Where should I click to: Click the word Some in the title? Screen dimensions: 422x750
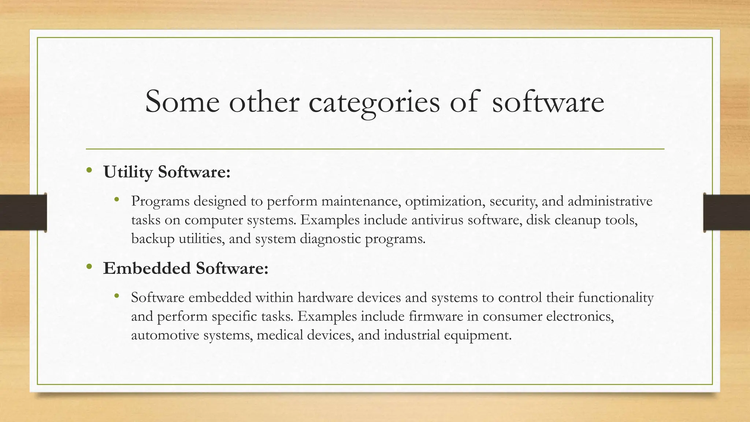point(182,102)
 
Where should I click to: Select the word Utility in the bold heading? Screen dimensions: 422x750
point(128,172)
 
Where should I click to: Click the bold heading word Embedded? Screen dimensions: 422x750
point(147,268)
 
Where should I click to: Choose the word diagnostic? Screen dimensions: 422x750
point(330,239)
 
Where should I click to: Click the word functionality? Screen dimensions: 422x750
point(616,297)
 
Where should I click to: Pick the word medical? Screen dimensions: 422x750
point(280,335)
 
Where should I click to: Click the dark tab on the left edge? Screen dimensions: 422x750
point(23,212)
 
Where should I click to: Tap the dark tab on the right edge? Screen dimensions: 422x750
point(727,212)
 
